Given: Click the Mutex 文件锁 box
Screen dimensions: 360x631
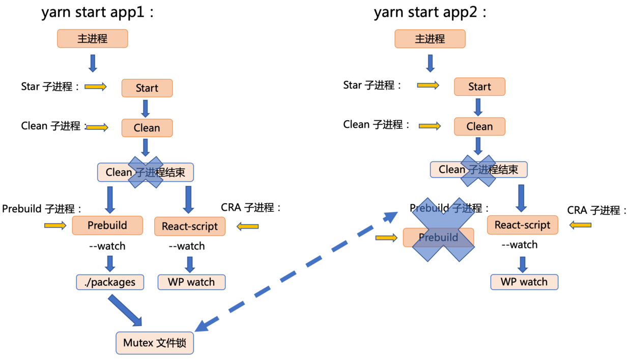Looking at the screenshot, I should pos(155,343).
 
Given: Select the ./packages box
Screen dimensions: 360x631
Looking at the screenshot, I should pos(110,282).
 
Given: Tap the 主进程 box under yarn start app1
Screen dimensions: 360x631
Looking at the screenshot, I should pos(92,39).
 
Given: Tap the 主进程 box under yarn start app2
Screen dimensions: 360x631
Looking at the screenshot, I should pos(429,39).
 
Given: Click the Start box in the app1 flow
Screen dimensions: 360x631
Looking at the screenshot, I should pos(147,88).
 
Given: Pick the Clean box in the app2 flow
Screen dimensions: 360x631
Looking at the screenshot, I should pos(479,126).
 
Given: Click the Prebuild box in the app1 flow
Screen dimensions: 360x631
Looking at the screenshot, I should pos(107,225).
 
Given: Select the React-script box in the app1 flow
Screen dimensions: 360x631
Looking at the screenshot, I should pos(190,226).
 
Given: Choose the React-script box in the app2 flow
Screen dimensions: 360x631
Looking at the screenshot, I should pos(522,225).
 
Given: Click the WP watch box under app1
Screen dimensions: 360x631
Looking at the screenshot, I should pos(191,282).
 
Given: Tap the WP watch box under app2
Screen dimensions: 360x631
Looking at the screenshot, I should pos(524,282).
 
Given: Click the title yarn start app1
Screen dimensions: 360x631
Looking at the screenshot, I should pos(97,12).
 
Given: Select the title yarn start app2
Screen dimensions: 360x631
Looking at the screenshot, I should pos(429,12).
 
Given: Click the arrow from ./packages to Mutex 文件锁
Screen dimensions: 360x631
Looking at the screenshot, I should pos(125,310).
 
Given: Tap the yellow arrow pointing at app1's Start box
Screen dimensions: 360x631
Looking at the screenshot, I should pos(96,87).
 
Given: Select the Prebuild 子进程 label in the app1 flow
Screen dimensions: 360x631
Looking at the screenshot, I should pos(42,209).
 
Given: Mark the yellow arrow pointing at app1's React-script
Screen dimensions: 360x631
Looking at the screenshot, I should pos(248,226).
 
